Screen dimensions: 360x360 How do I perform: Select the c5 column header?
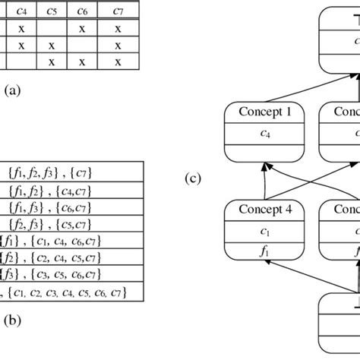pyautogui.click(x=52, y=11)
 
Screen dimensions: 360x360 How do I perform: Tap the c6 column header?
pyautogui.click(x=83, y=11)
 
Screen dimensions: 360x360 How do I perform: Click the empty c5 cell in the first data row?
pyautogui.click(x=52, y=29)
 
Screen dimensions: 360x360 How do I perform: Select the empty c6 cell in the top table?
pyautogui.click(x=83, y=46)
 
